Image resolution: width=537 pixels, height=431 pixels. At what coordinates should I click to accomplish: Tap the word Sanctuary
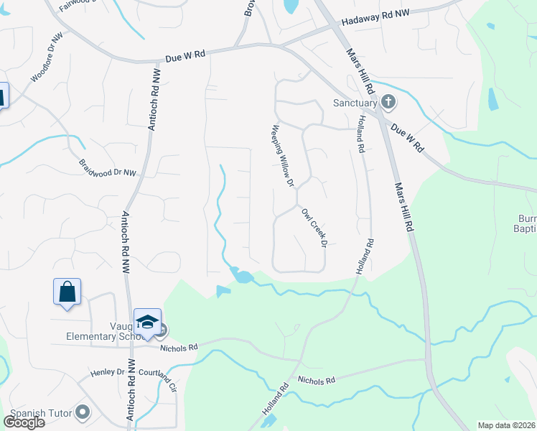(x=355, y=103)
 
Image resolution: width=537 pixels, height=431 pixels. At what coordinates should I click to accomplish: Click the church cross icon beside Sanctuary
(x=388, y=101)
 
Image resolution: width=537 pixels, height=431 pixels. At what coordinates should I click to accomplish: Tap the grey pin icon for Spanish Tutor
(x=83, y=412)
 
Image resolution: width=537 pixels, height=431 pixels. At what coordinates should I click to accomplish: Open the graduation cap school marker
(x=147, y=322)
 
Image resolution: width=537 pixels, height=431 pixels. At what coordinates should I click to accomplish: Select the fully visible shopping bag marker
(x=67, y=292)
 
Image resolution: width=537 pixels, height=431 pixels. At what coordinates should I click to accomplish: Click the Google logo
(x=24, y=422)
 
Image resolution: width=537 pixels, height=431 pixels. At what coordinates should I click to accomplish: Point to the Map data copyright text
(x=505, y=425)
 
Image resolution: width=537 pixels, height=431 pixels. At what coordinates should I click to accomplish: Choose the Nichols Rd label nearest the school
(x=178, y=348)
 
